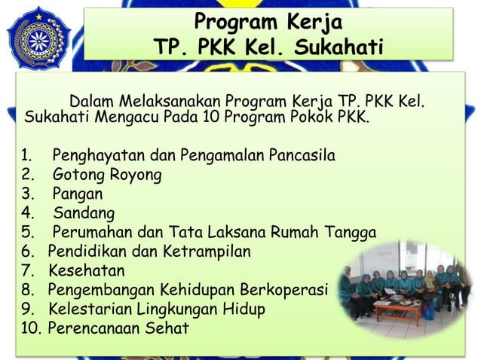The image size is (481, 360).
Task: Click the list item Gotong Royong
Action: click(106, 175)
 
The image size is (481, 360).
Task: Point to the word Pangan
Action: click(78, 194)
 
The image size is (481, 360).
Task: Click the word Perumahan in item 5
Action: click(93, 232)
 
